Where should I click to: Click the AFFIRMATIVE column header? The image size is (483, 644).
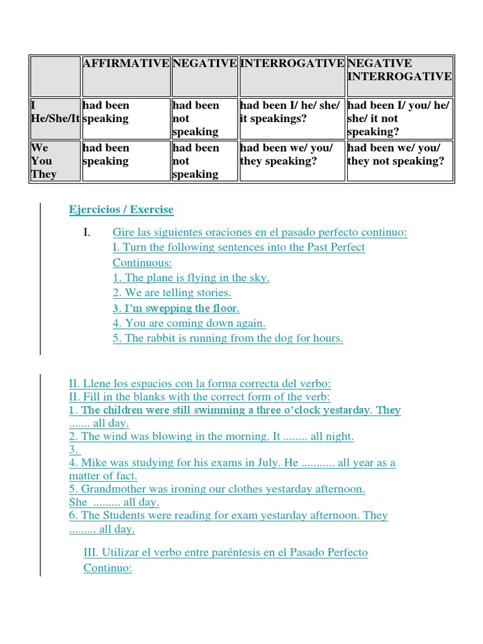[x=126, y=64]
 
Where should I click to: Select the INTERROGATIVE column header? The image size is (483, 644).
[x=292, y=64]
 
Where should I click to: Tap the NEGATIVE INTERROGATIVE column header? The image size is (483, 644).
[x=399, y=70]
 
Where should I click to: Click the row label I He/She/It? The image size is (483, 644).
[x=55, y=112]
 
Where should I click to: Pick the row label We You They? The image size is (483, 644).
[x=44, y=161]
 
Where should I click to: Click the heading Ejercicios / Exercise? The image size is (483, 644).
[x=121, y=209]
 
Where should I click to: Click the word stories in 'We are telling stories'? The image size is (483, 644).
[x=213, y=292]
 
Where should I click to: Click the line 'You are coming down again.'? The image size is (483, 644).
[x=189, y=323]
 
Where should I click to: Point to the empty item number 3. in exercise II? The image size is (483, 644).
[x=74, y=450]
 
